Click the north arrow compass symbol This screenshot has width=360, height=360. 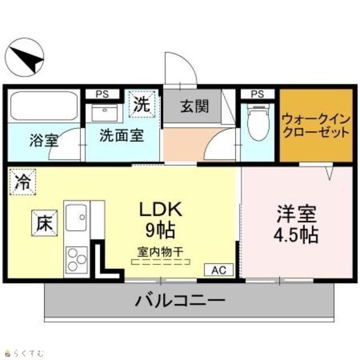click(25, 57)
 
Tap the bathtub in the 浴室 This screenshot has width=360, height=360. click(44, 106)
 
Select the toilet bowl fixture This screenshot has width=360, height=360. click(258, 122)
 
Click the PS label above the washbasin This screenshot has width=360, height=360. click(102, 94)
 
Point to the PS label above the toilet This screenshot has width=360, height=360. click(258, 94)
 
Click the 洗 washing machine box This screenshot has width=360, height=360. click(142, 105)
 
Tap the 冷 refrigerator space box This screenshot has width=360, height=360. click(22, 182)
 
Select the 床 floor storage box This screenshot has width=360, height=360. click(44, 223)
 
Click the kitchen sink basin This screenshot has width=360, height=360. click(76, 218)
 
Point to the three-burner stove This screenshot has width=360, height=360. click(77, 260)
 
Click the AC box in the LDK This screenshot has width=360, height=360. click(219, 270)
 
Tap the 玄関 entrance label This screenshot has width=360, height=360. click(195, 106)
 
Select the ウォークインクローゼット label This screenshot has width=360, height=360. click(316, 126)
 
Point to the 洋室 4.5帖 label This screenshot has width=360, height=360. click(296, 224)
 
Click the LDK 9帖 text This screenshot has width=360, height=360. click(161, 219)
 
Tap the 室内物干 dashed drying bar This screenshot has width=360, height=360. click(161, 262)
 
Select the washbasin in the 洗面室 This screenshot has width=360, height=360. click(105, 112)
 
